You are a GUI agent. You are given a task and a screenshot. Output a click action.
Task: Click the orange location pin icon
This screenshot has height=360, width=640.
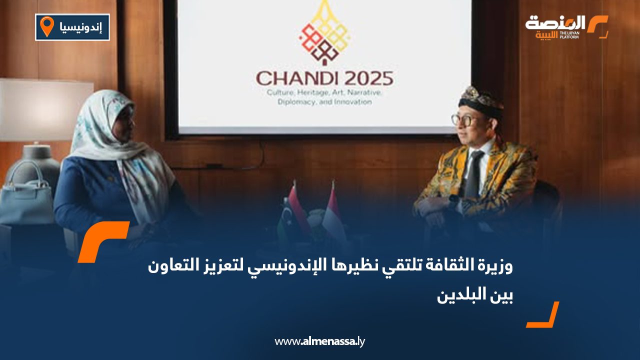(x=47, y=26)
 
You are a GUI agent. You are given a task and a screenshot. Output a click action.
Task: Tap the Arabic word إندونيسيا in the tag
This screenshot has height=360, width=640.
(x=80, y=27)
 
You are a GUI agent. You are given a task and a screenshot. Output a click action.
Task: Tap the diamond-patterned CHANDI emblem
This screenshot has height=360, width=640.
(x=323, y=33)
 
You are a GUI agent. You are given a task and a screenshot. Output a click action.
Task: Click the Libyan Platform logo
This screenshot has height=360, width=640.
(x=566, y=27)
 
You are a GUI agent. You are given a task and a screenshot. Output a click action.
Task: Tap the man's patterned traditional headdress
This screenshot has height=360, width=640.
(x=481, y=100)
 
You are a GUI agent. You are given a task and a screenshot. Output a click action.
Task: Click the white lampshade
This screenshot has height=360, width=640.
(x=46, y=109)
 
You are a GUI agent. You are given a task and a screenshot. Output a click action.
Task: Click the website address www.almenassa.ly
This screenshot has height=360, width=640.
(x=319, y=341)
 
